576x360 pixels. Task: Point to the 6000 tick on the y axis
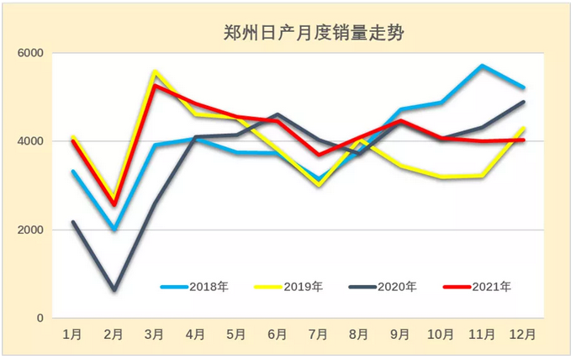pos(30,53)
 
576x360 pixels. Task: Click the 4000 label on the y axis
pos(30,141)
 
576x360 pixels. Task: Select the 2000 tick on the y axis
pos(30,230)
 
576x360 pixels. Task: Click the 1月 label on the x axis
pos(73,335)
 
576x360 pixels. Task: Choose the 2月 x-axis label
pos(114,335)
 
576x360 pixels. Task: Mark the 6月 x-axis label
pos(277,335)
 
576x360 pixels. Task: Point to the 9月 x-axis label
pos(400,335)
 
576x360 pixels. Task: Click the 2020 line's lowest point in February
pos(114,290)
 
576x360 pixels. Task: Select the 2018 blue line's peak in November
pos(482,66)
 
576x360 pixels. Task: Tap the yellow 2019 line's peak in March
pos(155,71)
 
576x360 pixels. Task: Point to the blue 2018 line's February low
pos(114,229)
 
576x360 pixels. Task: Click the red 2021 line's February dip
pos(114,205)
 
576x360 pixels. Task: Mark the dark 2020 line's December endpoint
pos(524,103)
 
